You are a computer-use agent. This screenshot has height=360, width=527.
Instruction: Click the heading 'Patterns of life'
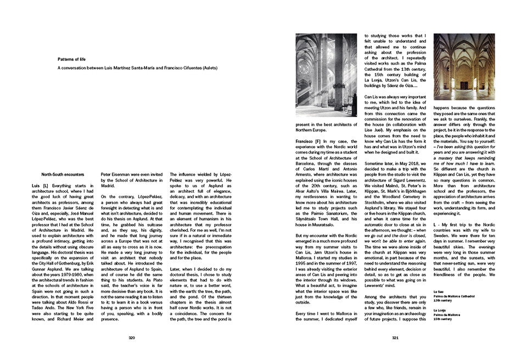pos(73,59)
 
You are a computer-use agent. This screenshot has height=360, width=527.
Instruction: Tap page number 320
pos(132,338)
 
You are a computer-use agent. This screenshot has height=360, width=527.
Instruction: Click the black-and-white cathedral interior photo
pos(318,75)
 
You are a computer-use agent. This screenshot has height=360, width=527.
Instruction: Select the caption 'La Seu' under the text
pos(438,291)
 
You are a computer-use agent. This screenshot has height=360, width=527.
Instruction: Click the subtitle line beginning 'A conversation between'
pos(137,68)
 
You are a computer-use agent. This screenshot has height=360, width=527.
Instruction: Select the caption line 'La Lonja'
pos(440,310)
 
